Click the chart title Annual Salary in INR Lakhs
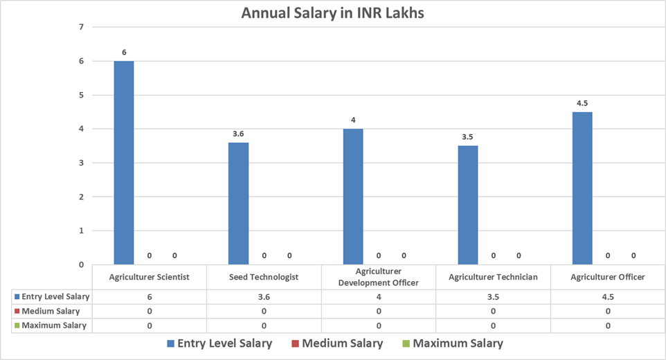[x=332, y=13]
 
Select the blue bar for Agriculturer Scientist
[x=124, y=163]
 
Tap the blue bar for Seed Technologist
[x=238, y=204]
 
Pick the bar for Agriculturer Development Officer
[x=353, y=197]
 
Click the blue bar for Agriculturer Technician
[x=467, y=205]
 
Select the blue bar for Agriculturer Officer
[x=582, y=188]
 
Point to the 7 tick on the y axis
[x=81, y=27]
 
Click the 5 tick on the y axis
[x=81, y=95]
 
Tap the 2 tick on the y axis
[x=81, y=197]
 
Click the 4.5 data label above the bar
[x=582, y=104]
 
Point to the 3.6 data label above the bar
[x=238, y=134]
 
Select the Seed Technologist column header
[x=264, y=277]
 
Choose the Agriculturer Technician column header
[x=493, y=277]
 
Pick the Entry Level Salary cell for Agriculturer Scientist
[x=150, y=296]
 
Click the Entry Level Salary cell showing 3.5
[x=493, y=296]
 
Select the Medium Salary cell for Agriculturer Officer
[x=608, y=311]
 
